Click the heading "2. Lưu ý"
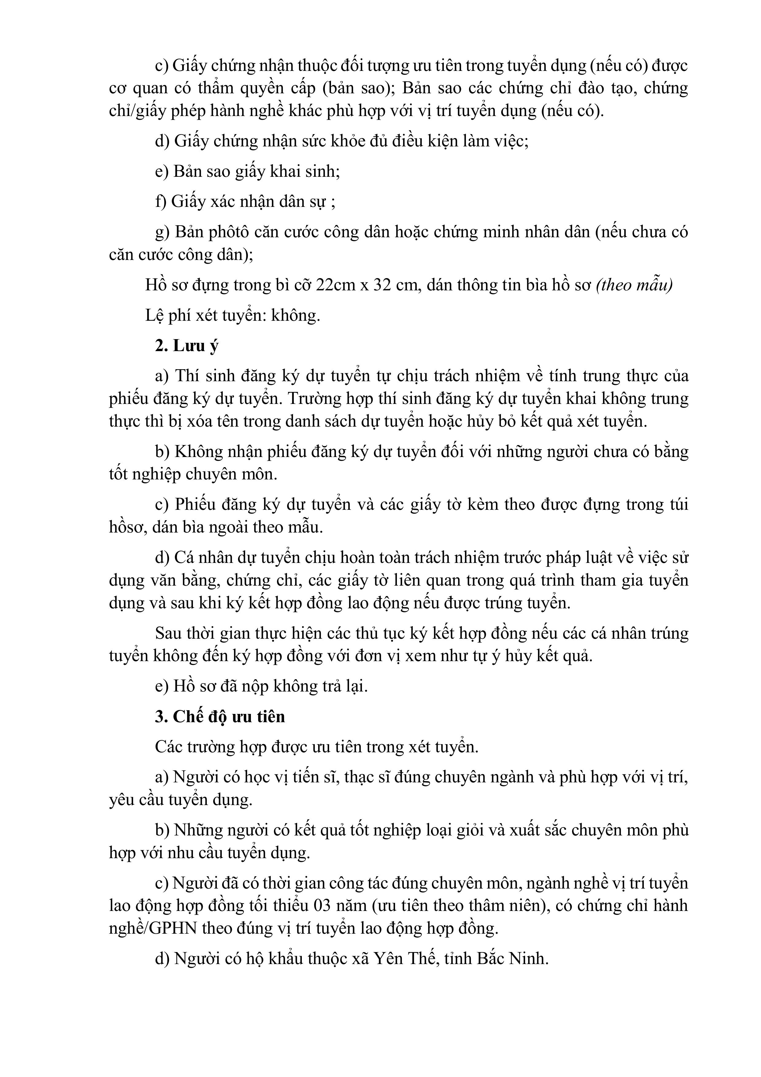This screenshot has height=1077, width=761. pyautogui.click(x=186, y=346)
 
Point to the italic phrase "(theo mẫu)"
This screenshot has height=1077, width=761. pyautogui.click(x=634, y=285)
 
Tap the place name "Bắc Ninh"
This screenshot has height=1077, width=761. pyautogui.click(x=512, y=958)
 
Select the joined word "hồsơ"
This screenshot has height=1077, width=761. pyautogui.click(x=125, y=527)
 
